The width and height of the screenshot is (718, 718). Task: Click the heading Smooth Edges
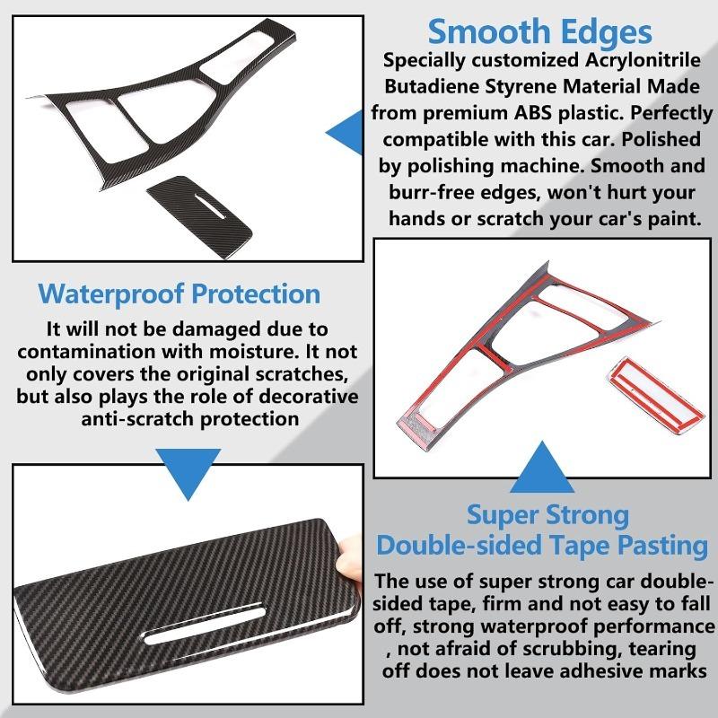pos(539,32)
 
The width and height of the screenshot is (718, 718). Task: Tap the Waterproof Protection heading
pos(179,293)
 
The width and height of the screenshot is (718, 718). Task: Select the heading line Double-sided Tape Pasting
pos(547,545)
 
